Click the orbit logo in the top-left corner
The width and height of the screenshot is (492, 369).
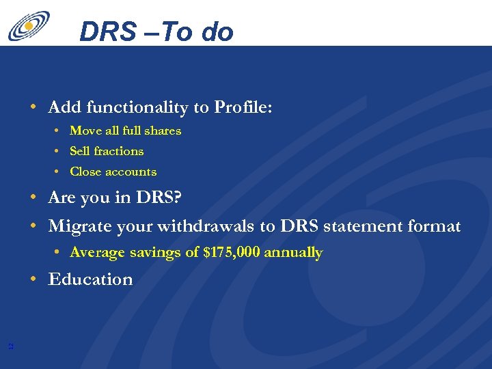click(28, 25)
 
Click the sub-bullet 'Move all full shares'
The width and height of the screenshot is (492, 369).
click(125, 131)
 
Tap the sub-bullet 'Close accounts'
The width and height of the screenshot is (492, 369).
click(113, 172)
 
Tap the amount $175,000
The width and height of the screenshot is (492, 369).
click(232, 252)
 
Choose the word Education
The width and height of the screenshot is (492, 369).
click(90, 279)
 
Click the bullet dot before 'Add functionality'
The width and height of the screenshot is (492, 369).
click(33, 107)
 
